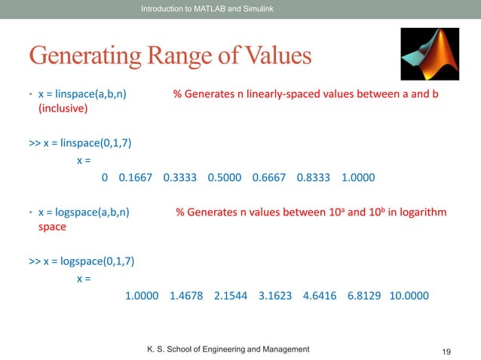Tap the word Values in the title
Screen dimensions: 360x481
271,56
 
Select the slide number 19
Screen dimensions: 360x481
446,352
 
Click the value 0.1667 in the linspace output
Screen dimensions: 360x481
136,178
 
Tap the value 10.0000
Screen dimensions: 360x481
409,295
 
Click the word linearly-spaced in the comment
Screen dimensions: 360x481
288,95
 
